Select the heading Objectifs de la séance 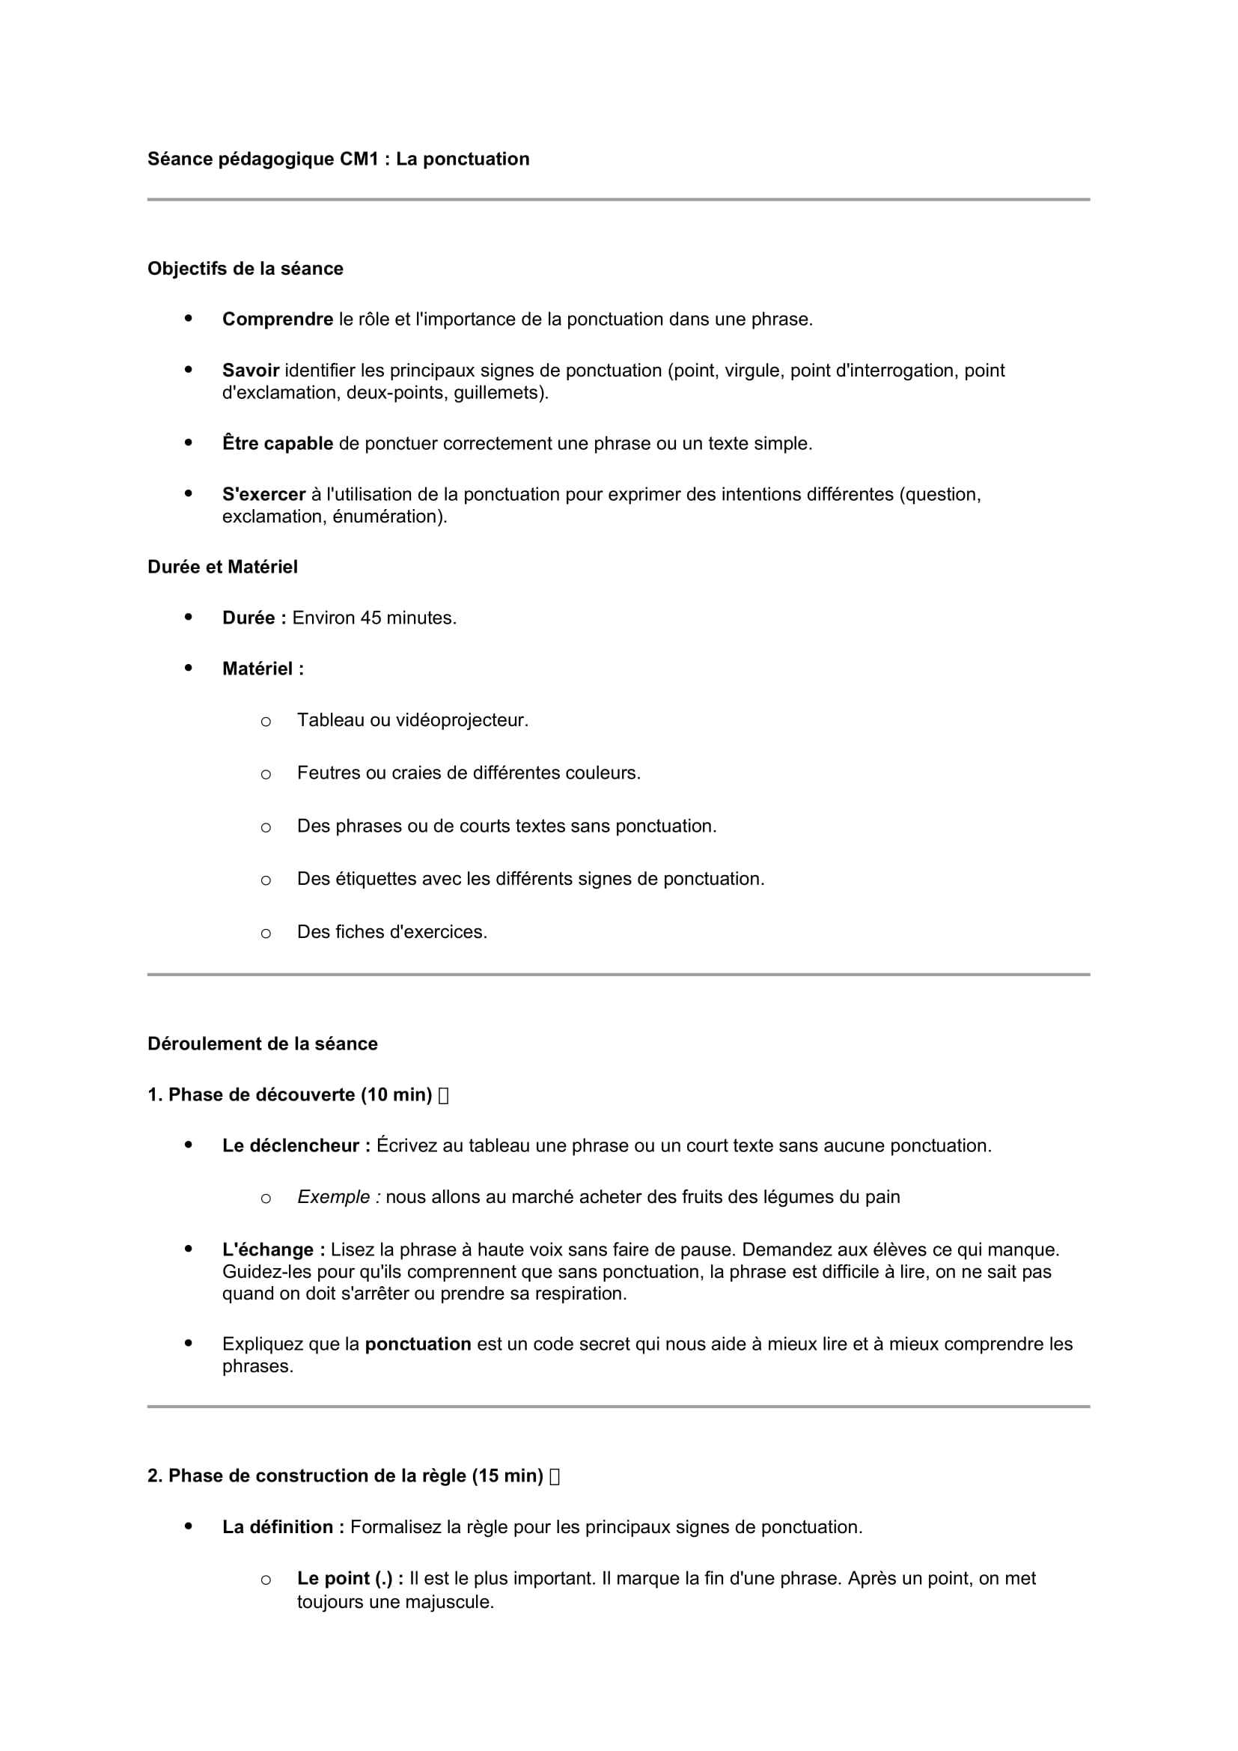[x=246, y=269]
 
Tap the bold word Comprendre [x=278, y=320]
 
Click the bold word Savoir [x=251, y=371]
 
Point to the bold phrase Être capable [x=278, y=444]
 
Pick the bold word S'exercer [x=263, y=495]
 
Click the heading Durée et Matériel [x=222, y=567]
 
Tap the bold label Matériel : [x=263, y=669]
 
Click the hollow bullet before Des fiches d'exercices [x=265, y=934]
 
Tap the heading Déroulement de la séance [x=262, y=1044]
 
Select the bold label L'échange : [x=274, y=1250]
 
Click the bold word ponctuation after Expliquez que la [x=418, y=1345]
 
